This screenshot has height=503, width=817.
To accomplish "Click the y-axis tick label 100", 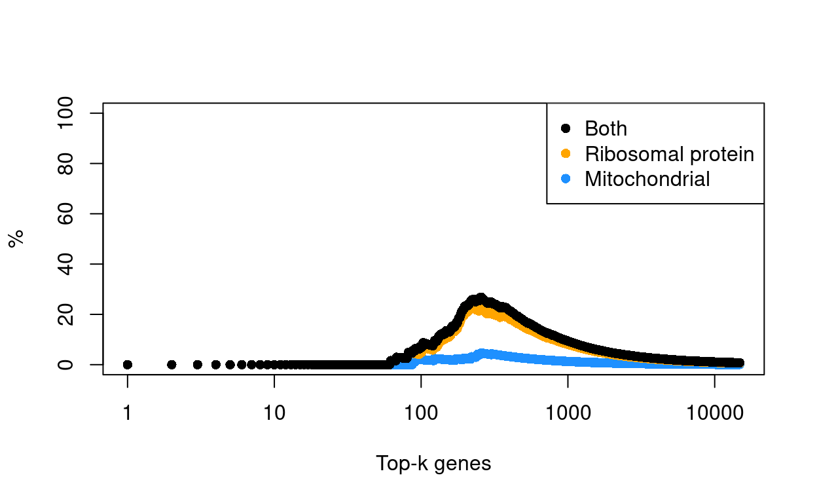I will [65, 113].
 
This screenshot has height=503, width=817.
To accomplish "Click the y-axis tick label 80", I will [65, 164].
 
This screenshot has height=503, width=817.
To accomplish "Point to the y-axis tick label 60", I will [65, 214].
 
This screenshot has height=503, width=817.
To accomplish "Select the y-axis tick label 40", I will [65, 264].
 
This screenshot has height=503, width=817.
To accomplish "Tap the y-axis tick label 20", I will [65, 314].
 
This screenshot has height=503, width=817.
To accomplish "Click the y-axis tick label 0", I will [65, 364].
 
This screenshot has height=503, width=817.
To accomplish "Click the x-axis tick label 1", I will [128, 414].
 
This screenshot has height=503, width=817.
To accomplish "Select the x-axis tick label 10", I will [274, 414].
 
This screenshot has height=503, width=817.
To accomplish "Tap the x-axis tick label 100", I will [421, 414].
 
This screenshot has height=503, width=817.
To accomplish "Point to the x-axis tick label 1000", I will [568, 414].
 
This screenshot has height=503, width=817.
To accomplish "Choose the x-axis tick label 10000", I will [714, 414].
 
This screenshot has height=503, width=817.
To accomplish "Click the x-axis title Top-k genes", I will [433, 464].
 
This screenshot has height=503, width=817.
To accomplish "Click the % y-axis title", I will [16, 238].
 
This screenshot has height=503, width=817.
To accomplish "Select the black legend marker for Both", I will [566, 128].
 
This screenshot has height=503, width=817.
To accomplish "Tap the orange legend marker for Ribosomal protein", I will [566, 154].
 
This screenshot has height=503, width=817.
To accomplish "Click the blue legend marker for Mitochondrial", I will [566, 179].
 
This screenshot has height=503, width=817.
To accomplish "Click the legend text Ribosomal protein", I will [669, 154].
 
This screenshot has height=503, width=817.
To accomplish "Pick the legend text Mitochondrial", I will [647, 179].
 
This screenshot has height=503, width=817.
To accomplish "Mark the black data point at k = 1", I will [128, 364].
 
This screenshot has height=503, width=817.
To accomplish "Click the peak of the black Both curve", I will [481, 298].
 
